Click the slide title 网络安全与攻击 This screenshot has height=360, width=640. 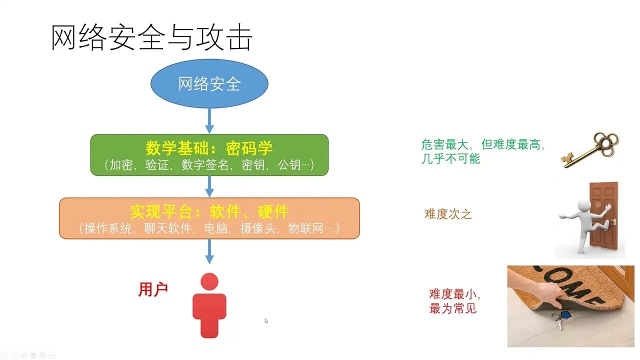[x=151, y=38]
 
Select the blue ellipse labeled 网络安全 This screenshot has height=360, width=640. [x=209, y=83]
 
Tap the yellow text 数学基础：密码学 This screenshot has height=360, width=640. [x=209, y=148]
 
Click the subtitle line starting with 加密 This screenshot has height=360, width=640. [x=209, y=165]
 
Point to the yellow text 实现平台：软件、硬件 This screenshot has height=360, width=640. [x=209, y=211]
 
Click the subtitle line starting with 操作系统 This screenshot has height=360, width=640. [x=209, y=228]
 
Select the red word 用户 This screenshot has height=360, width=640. [x=153, y=289]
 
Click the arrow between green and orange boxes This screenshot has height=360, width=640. [x=209, y=186]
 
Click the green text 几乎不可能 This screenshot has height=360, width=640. [x=450, y=159]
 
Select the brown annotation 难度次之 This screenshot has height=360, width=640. [x=448, y=214]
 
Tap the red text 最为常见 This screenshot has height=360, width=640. [x=453, y=308]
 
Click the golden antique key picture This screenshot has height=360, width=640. [x=589, y=149]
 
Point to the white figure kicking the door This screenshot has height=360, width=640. [x=582, y=222]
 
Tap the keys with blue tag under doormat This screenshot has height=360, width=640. [x=560, y=318]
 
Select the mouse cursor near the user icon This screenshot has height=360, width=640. [x=266, y=321]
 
